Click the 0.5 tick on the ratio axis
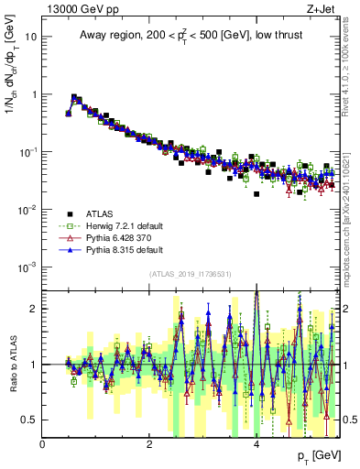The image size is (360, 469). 30,420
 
